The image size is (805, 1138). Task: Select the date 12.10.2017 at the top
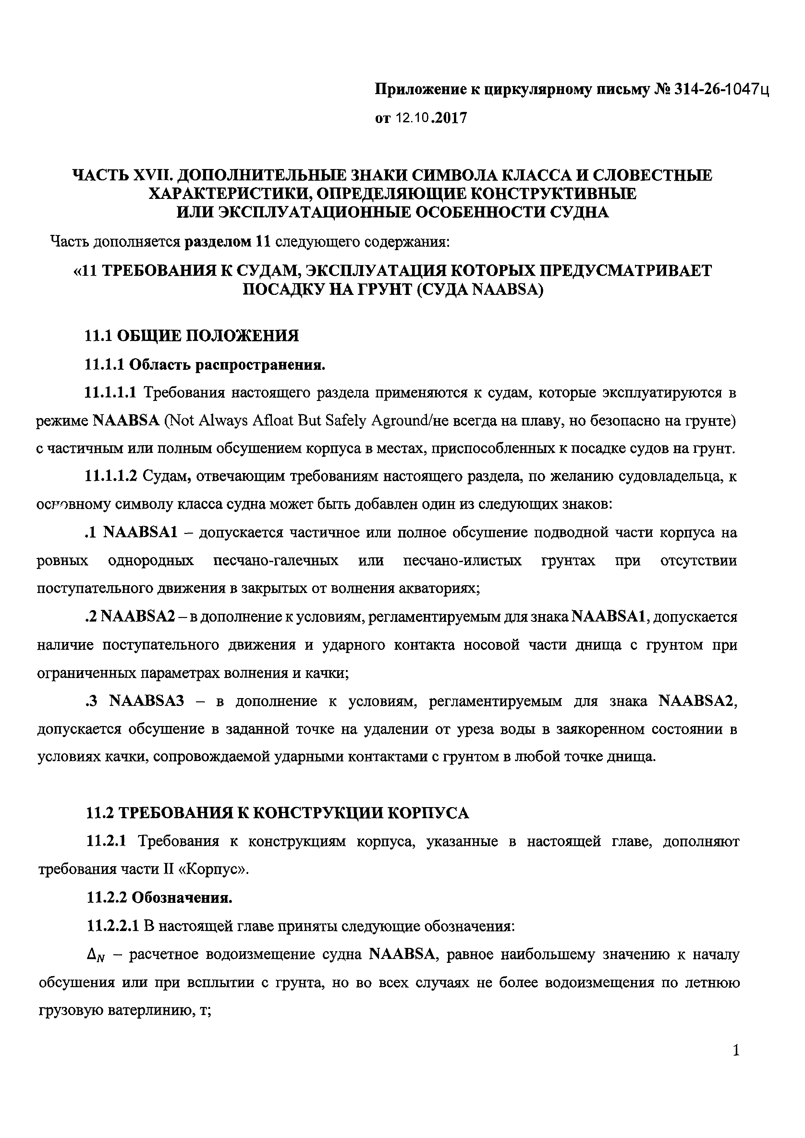click(x=432, y=118)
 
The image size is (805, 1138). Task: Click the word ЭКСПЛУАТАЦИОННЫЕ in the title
click(x=314, y=212)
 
